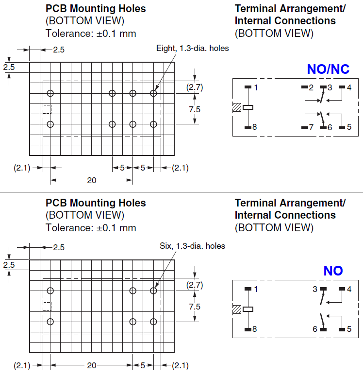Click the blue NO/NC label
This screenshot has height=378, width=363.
[x=328, y=69]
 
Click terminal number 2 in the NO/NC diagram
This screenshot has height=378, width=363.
[x=311, y=87]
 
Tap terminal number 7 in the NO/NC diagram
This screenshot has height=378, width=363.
[x=311, y=127]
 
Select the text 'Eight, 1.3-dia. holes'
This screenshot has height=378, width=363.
[x=192, y=48]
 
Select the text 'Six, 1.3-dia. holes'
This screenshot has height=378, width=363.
[x=192, y=246]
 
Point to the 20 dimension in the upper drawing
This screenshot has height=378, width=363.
[x=91, y=180]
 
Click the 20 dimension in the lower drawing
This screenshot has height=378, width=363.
[x=91, y=365]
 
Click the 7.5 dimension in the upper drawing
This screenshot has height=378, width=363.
[x=195, y=109]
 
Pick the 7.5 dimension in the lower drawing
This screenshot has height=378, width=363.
[x=195, y=307]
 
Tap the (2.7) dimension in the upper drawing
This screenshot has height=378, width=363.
[x=195, y=87]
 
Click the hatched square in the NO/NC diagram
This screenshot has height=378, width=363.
[x=237, y=107]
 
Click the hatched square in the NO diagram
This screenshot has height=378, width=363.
[x=237, y=309]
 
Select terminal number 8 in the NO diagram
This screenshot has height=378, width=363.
[x=255, y=329]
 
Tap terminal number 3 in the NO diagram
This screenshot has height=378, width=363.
[x=315, y=289]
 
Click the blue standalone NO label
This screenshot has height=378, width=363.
[x=333, y=271]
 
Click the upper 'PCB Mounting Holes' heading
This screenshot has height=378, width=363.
[x=96, y=9]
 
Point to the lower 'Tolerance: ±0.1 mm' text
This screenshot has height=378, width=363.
[x=91, y=228]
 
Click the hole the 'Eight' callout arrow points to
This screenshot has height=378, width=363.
[x=153, y=93]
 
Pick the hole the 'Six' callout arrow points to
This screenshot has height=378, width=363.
[x=153, y=291]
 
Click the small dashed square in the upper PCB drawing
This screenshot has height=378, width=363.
[x=47, y=109]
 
